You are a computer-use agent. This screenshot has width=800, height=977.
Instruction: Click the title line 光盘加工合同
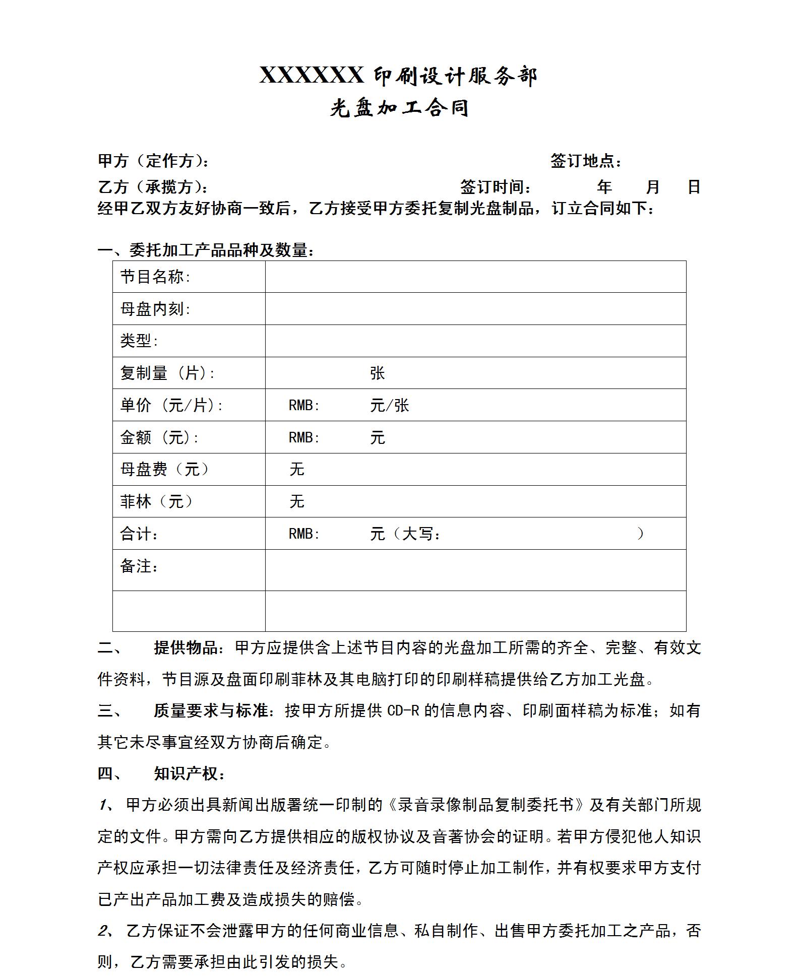coord(399,108)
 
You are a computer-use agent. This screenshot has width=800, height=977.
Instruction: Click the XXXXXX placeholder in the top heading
coord(311,76)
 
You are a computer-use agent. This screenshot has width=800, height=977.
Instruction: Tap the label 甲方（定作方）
coord(153,161)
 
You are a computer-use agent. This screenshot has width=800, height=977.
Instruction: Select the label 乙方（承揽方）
coord(152,187)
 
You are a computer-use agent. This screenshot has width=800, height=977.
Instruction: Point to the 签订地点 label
coord(585,161)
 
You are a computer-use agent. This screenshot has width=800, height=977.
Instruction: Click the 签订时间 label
coord(495,187)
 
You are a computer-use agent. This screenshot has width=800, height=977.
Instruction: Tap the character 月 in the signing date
coord(652,187)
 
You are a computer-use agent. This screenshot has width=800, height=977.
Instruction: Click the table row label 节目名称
coord(155,277)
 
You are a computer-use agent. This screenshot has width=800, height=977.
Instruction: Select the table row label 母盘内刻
coord(155,309)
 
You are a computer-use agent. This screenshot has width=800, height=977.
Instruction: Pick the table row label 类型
coord(139,341)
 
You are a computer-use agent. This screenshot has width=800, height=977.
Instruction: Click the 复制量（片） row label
coord(167,373)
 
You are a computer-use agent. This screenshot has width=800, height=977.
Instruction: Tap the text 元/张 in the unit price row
coord(389,406)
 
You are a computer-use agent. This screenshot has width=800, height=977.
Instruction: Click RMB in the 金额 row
coord(303,437)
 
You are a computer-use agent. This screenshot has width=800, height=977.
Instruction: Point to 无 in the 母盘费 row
coord(297,470)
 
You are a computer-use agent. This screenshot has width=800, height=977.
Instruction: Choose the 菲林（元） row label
coord(156,501)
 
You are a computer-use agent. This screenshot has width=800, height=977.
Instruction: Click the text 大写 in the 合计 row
coord(417,534)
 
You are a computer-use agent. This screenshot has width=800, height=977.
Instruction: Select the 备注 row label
coord(139,566)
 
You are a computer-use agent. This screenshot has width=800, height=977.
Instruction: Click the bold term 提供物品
coord(186,647)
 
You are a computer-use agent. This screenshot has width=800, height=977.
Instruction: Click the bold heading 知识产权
coord(186,774)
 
